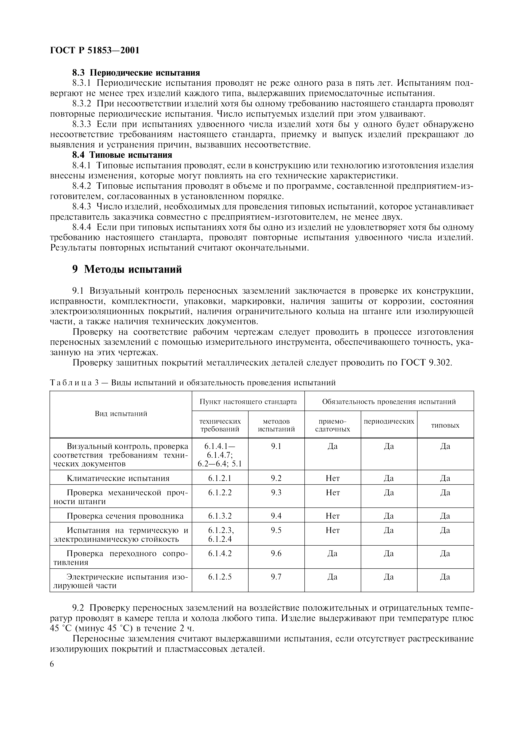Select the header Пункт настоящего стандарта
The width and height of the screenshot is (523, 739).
(248, 401)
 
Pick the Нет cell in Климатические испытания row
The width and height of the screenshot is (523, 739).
(332, 478)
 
